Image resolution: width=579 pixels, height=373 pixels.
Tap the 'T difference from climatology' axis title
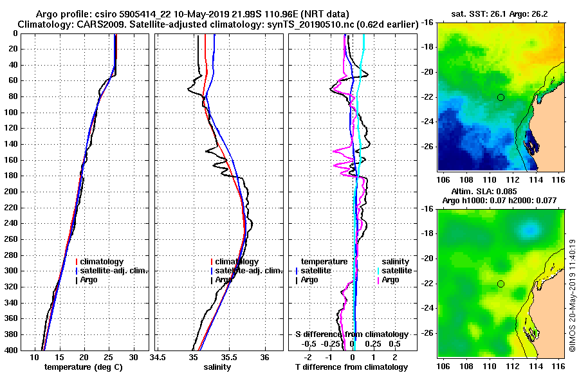pyautogui.click(x=351, y=367)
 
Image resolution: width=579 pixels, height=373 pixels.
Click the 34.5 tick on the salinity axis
pyautogui.click(x=158, y=357)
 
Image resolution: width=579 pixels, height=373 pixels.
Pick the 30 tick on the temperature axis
pyautogui.click(x=133, y=357)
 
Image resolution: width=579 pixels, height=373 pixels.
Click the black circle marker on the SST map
pyautogui.click(x=501, y=97)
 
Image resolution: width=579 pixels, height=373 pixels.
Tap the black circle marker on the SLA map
pyautogui.click(x=501, y=284)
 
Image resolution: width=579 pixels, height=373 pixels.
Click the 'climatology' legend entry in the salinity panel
pyautogui.click(x=237, y=262)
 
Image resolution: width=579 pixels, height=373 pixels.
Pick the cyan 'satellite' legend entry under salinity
pyautogui.click(x=395, y=271)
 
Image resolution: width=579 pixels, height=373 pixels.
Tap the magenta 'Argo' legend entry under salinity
pyautogui.click(x=391, y=280)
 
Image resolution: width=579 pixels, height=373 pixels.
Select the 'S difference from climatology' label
pyautogui.click(x=351, y=334)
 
